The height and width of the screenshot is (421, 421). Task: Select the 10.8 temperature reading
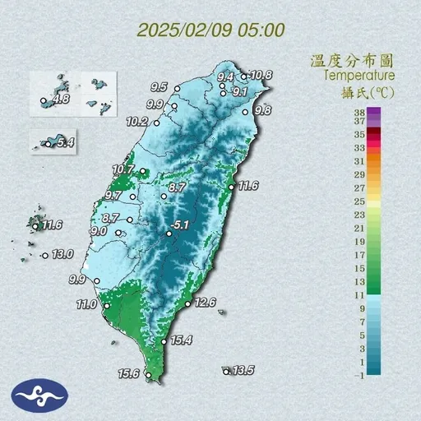tap(261, 75)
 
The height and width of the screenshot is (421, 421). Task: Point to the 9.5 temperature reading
tap(159, 86)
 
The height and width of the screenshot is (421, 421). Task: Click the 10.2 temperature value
tap(137, 122)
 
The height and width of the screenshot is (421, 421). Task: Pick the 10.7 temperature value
tap(123, 169)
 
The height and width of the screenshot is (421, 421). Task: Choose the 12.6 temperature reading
tap(205, 303)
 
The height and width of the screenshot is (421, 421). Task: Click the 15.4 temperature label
tap(181, 340)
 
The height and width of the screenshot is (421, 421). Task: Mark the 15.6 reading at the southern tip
tap(128, 373)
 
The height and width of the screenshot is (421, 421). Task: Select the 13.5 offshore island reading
tap(243, 371)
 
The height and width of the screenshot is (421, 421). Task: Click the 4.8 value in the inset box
tap(59, 100)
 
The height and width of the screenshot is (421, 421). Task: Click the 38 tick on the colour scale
tap(359, 110)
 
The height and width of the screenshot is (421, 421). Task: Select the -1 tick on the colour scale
tap(359, 375)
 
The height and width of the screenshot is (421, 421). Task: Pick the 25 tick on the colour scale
tap(359, 201)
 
